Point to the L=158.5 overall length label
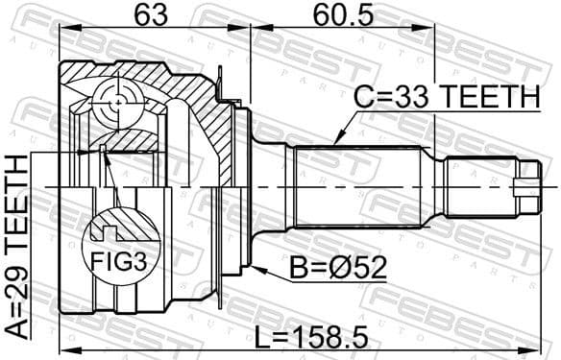(x=307, y=335)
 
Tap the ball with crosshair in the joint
(x=118, y=100)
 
